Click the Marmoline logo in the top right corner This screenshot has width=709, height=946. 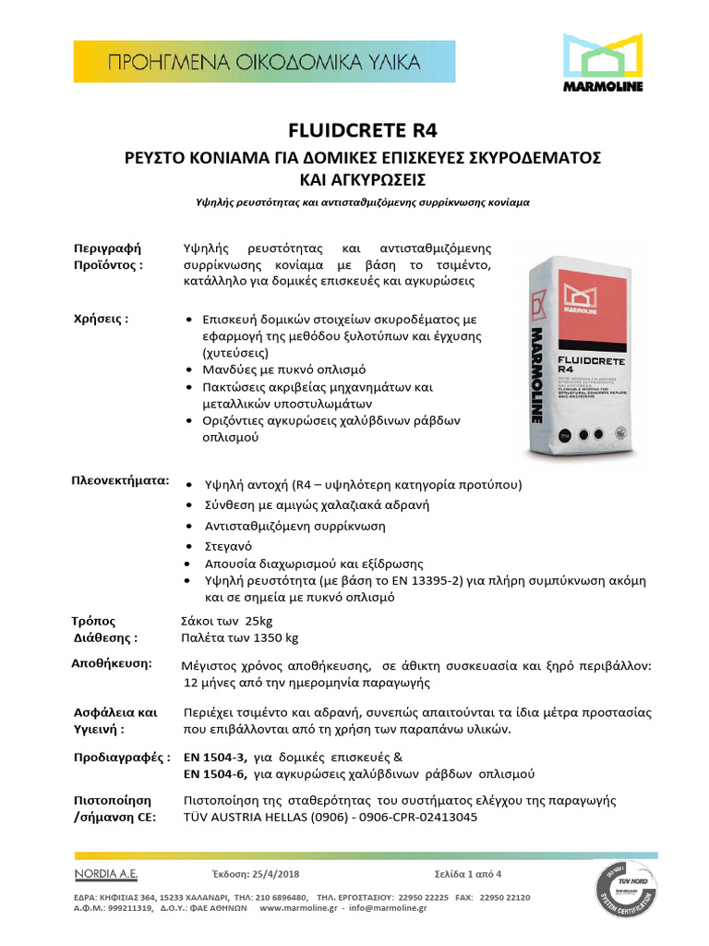tap(603, 63)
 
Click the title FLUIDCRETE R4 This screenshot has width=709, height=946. tap(354, 129)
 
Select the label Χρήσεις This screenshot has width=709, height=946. tap(101, 319)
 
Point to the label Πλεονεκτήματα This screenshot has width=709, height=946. tap(120, 481)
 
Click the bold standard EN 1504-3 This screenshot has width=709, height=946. tap(217, 757)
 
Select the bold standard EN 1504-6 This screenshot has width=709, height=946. tap(217, 773)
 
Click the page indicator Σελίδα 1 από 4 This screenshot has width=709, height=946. tap(475, 874)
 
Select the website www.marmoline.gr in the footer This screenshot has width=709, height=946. tap(306, 908)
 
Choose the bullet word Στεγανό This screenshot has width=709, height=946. tap(225, 545)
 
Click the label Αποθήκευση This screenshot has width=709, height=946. tap(114, 663)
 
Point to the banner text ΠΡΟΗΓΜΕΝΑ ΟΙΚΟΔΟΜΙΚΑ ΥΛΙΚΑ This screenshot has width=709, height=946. tap(265, 63)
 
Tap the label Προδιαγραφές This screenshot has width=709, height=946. tap(121, 757)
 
